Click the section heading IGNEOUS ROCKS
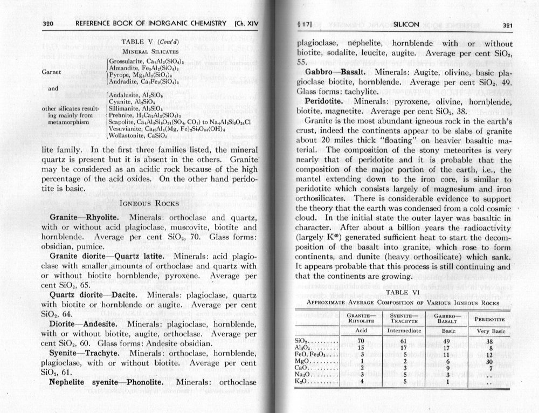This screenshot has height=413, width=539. (147, 203)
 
